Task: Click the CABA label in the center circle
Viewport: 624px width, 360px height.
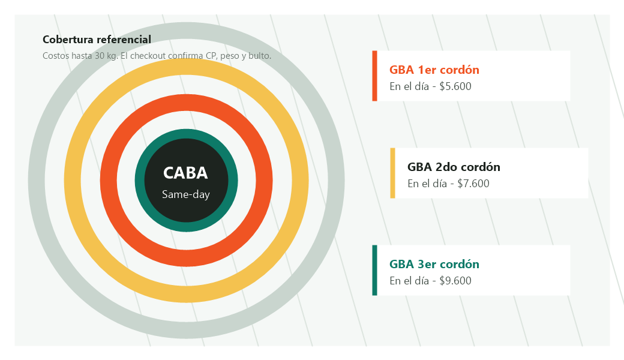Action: pyautogui.click(x=185, y=173)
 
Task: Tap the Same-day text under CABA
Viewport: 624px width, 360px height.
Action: pyautogui.click(x=185, y=194)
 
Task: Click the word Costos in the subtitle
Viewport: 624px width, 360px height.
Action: pyautogui.click(x=56, y=56)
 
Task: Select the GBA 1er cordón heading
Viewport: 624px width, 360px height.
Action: pyautogui.click(x=434, y=70)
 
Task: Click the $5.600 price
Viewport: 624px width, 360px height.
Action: pyautogui.click(x=455, y=86)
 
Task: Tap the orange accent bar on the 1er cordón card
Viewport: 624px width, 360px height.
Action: pyautogui.click(x=374, y=76)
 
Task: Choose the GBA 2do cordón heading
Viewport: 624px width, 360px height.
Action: pyautogui.click(x=454, y=167)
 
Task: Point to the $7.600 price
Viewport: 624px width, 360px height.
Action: pyautogui.click(x=473, y=184)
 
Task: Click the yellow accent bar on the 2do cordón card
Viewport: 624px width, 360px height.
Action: pyautogui.click(x=392, y=173)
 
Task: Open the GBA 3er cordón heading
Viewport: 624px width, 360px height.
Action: pyautogui.click(x=434, y=264)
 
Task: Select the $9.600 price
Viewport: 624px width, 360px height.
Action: pyautogui.click(x=455, y=281)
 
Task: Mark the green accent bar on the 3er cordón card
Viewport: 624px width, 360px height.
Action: pyautogui.click(x=374, y=270)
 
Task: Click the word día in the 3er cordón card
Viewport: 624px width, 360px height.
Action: pyautogui.click(x=421, y=281)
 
